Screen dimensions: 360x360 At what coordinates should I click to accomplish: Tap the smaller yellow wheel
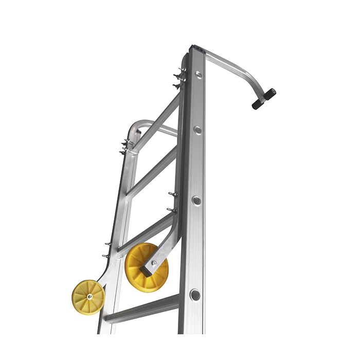coord(88,296)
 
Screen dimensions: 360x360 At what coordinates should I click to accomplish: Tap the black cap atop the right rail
coord(197,48)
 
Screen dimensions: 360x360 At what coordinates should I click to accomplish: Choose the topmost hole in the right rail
coord(197,75)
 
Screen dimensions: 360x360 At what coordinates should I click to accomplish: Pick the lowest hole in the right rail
coord(194,295)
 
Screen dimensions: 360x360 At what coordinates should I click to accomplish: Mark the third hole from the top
coord(196,200)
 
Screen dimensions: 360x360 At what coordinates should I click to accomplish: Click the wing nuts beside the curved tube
coord(125,147)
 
